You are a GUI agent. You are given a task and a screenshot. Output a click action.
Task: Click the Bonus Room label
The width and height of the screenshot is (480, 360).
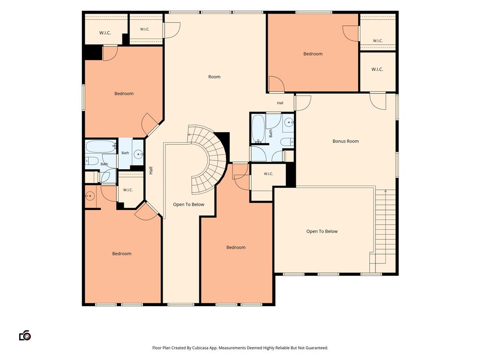tap(345, 141)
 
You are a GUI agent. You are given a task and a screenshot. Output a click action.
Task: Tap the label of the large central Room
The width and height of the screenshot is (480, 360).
tap(214, 77)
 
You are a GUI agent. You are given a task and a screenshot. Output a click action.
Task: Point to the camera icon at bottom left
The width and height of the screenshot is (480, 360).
tap(25, 336)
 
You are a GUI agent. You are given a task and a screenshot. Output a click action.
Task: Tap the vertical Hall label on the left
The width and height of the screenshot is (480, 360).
tap(151, 171)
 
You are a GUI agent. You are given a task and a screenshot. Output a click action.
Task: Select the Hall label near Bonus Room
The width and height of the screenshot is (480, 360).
tap(280, 103)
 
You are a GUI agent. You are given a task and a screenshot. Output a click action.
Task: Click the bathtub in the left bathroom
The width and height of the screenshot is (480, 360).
tap(100, 146)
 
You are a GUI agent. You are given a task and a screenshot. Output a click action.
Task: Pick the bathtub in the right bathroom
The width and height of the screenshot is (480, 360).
tap(258, 128)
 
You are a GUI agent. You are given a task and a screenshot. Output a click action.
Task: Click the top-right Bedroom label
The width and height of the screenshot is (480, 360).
tap(313, 54)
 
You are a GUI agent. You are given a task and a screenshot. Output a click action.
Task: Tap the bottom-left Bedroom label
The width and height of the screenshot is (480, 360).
tap(122, 254)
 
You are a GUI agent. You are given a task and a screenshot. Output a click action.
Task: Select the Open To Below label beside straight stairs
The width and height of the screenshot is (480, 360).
tap(322, 232)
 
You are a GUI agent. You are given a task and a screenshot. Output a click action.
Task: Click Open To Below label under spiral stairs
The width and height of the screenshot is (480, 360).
tap(188, 204)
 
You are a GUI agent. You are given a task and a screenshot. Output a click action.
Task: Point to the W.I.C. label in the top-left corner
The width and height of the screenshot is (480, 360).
tap(105, 33)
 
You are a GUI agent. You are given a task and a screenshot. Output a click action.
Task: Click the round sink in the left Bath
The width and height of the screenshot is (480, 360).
tap(139, 154)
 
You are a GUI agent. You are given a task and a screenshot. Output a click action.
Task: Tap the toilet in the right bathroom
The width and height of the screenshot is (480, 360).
tap(287, 142)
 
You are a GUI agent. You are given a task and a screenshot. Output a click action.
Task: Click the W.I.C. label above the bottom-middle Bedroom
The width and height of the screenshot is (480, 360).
tap(269, 174)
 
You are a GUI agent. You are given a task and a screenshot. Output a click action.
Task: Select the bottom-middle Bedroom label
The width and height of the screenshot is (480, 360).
tap(236, 247)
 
